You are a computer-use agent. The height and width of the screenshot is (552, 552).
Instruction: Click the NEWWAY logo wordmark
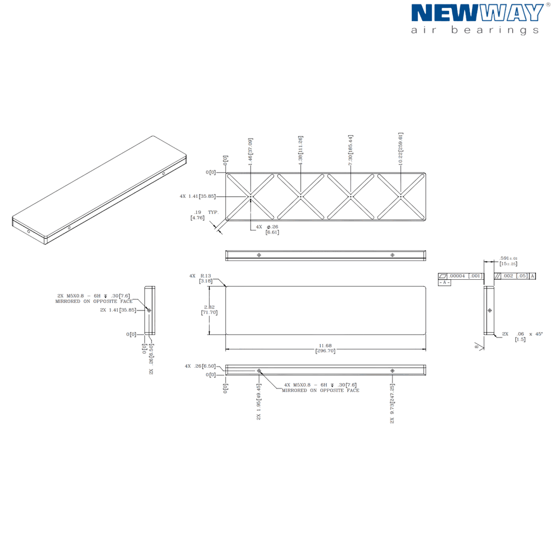477,13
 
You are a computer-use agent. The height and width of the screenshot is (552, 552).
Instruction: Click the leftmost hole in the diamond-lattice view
251,196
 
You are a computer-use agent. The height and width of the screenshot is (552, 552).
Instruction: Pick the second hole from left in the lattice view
300,196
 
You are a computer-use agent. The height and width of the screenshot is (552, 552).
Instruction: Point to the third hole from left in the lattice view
351,196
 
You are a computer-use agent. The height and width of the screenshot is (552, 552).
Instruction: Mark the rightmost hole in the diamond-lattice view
401,196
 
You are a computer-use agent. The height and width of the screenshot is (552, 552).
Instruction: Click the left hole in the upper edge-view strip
259,254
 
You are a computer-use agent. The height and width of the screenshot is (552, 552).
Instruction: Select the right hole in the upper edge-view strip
392,254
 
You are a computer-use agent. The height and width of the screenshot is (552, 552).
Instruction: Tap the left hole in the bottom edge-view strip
259,371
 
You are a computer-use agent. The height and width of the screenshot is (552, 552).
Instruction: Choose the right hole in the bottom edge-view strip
392,371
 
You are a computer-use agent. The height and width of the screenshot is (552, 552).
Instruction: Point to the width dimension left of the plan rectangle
209,310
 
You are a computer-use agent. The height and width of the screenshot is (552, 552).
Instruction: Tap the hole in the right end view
489,310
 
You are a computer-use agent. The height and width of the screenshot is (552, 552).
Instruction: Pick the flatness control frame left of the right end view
459,277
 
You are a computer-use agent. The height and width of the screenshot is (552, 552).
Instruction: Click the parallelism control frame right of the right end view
516,276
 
